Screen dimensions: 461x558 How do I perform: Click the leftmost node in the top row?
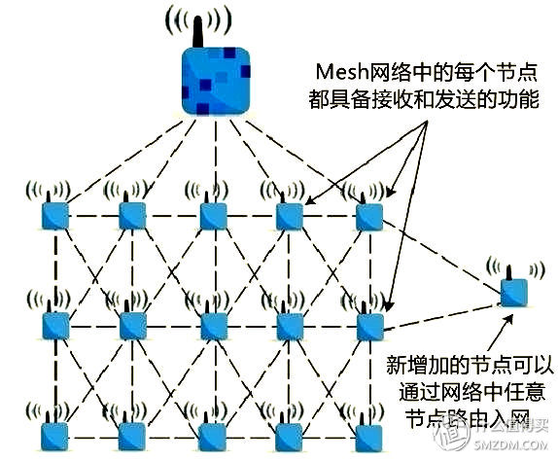[53, 216]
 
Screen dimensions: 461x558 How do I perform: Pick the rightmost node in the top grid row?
[367, 216]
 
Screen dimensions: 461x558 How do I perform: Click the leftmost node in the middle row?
[53, 325]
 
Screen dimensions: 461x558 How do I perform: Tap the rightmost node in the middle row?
[367, 325]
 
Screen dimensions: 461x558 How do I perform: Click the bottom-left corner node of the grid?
[53, 433]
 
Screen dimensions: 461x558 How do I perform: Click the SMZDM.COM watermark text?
[516, 448]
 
